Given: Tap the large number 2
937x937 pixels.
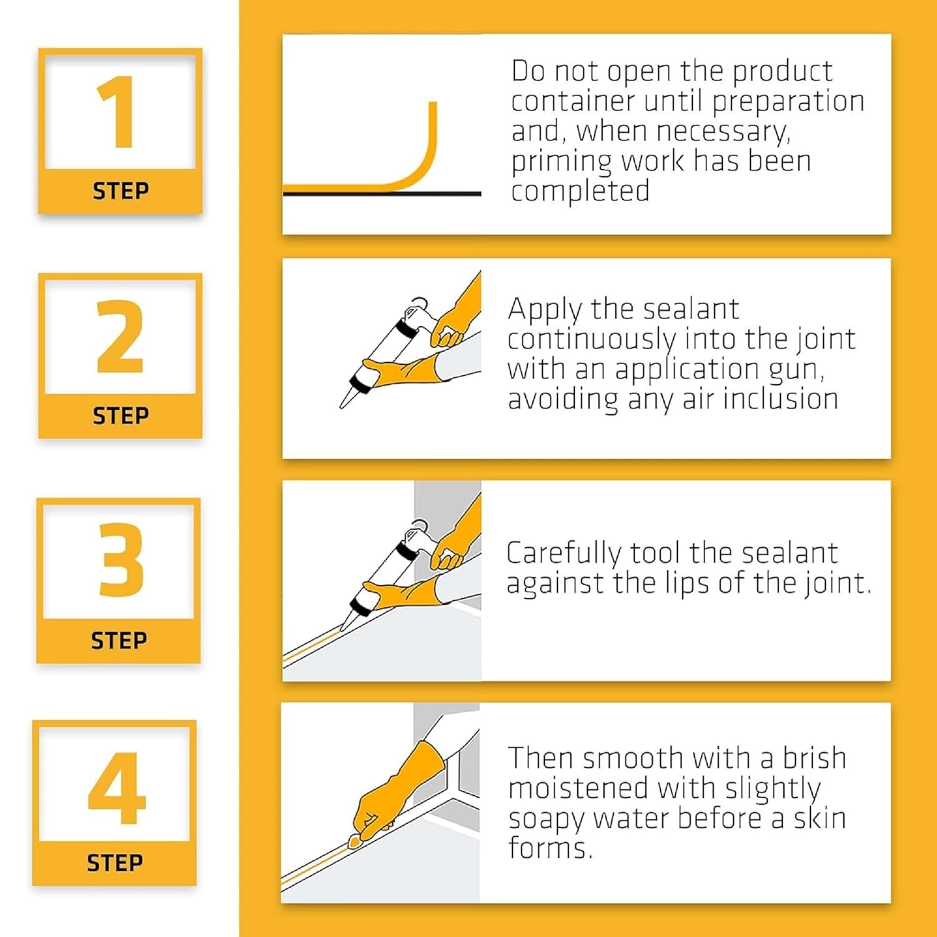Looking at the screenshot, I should (x=121, y=336).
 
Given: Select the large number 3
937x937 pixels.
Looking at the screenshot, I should (x=121, y=560).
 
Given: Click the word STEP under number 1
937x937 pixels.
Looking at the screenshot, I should (x=121, y=191).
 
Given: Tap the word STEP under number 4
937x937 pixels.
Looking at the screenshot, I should (x=114, y=863).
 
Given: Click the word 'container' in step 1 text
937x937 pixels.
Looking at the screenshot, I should (x=572, y=101).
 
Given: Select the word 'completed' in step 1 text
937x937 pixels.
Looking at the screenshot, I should (x=580, y=191).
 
